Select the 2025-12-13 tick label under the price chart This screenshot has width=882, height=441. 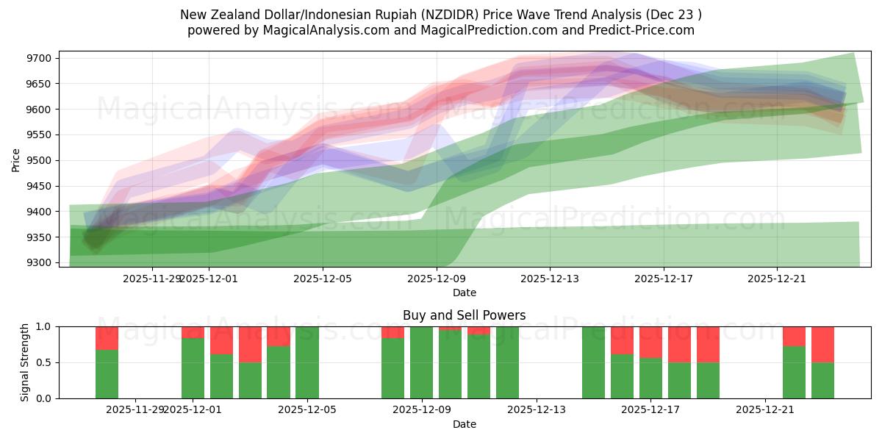[550, 279]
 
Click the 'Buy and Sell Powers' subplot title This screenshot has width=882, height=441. [464, 316]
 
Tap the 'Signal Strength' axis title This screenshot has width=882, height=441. [25, 362]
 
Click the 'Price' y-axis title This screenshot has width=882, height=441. [16, 159]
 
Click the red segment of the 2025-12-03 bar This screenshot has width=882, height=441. [250, 344]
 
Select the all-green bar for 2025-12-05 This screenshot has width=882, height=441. [307, 362]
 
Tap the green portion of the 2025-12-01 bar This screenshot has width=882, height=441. [193, 367]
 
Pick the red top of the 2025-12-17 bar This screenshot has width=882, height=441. [650, 342]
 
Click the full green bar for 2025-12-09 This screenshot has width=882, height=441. [421, 362]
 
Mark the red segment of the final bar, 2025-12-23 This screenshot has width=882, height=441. [822, 344]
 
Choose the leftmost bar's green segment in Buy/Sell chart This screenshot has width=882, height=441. [107, 374]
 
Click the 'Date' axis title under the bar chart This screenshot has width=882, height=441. [464, 425]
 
